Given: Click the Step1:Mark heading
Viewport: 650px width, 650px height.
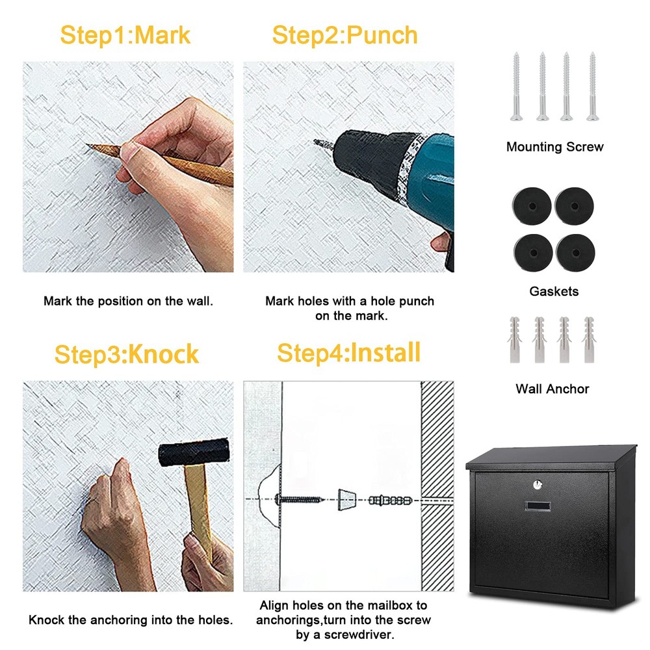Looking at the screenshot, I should [125, 35].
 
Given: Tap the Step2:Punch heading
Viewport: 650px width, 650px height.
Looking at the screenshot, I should [344, 35].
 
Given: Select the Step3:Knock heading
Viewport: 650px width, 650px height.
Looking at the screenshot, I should [126, 355].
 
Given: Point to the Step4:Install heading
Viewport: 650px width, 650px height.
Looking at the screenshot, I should [348, 353].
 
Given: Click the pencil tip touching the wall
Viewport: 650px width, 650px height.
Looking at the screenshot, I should [90, 146].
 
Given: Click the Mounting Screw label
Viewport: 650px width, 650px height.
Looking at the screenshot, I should [554, 147].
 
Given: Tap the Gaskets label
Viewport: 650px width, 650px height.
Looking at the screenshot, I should [554, 291].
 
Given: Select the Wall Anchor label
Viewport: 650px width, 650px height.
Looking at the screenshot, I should [552, 389].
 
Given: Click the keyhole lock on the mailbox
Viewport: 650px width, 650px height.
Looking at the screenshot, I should [537, 484].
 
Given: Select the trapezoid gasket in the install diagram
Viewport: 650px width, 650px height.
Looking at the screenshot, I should [348, 499].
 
